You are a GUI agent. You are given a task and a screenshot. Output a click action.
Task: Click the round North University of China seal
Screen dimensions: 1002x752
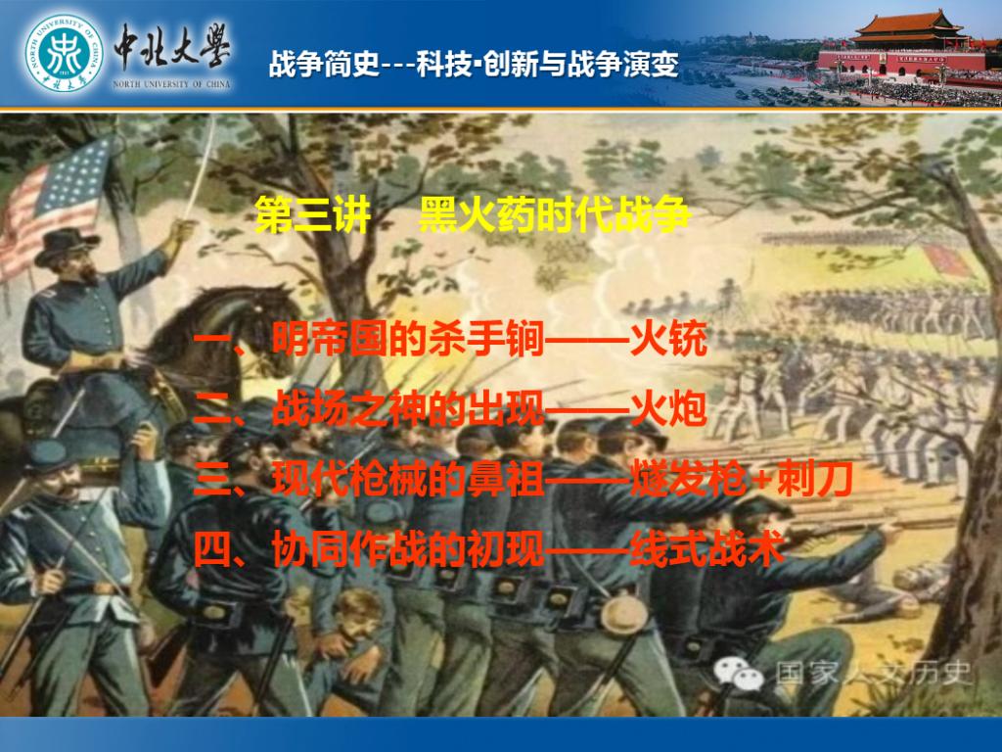click(x=64, y=53)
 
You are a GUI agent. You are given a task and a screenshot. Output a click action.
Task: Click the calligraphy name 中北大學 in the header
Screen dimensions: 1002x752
click(x=172, y=47)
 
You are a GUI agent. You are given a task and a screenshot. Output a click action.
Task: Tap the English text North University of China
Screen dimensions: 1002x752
click(x=171, y=84)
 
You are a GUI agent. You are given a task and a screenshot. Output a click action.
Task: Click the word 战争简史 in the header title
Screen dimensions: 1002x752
click(x=325, y=64)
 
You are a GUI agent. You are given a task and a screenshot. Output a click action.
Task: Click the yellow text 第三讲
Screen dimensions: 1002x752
click(x=312, y=214)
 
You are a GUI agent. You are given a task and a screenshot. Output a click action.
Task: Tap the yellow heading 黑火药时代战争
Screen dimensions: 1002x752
click(x=554, y=214)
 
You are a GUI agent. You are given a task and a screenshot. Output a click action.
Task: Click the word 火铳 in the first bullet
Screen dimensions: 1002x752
click(x=668, y=338)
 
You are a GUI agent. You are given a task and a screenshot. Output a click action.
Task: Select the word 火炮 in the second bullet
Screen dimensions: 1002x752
click(x=668, y=408)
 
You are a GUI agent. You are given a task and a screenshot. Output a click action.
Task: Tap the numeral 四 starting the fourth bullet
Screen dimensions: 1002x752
click(x=212, y=549)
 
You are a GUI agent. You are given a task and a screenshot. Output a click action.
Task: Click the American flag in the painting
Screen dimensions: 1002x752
click(x=55, y=205)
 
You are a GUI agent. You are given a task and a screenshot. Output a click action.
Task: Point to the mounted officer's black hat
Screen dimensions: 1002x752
click(x=67, y=246)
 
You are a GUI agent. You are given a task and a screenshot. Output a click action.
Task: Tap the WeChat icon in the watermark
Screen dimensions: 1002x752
click(x=739, y=674)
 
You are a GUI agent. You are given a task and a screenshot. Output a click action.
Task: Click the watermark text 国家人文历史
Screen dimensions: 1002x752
click(x=873, y=673)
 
